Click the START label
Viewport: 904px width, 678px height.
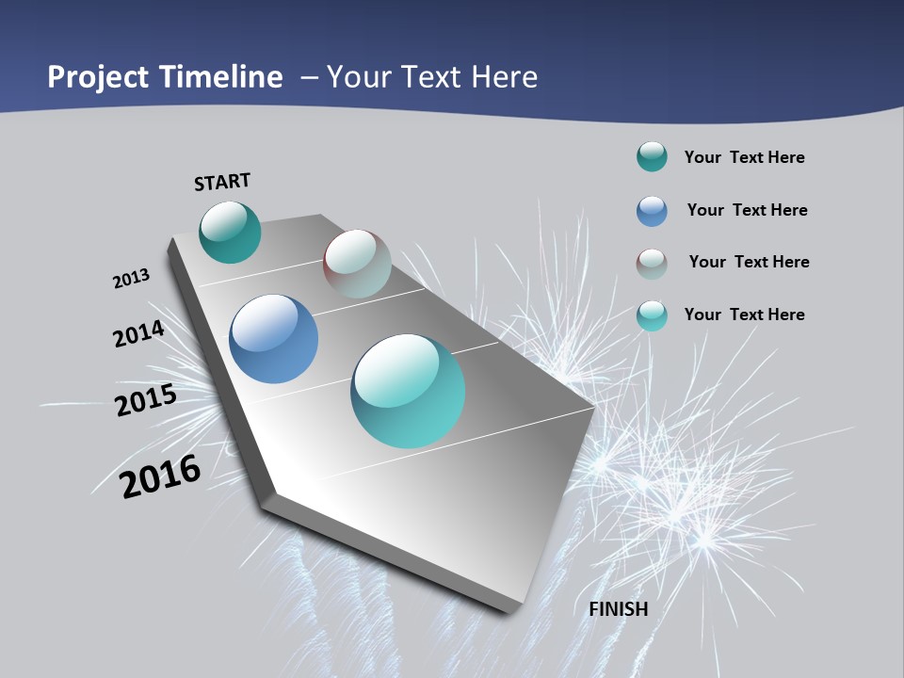222,182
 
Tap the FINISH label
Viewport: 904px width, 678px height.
619,609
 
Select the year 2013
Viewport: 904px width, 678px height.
132,279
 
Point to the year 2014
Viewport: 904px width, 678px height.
139,333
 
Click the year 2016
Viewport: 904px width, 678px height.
161,476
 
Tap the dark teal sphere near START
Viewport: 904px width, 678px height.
230,233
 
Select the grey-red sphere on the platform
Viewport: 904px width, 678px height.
357,264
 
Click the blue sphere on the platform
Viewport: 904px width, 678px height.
273,339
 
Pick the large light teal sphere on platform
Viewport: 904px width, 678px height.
408,391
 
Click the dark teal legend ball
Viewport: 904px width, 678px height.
652,157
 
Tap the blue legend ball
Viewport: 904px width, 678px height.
652,211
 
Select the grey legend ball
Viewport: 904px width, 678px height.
652,264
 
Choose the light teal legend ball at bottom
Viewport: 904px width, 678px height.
652,315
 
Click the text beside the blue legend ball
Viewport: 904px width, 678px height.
747,210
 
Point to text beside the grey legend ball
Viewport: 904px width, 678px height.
749,262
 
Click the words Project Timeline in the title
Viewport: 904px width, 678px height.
165,77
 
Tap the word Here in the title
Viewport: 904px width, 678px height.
505,77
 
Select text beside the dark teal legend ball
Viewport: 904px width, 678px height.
744,157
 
